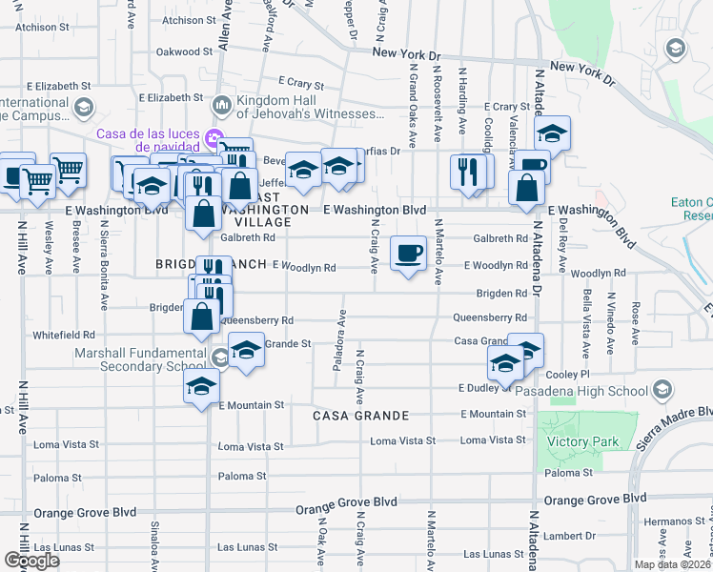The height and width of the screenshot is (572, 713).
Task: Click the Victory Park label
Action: [x=582, y=441]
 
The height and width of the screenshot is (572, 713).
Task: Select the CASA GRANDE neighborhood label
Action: [x=362, y=416]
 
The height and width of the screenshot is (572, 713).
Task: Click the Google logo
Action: [x=31, y=561]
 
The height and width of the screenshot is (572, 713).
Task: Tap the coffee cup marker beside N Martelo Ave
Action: [x=408, y=254]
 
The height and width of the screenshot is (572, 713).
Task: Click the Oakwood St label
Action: [x=185, y=51]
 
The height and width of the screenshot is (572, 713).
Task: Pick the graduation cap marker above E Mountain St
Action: [x=201, y=386]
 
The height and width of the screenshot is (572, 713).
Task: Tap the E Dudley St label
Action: [x=484, y=388]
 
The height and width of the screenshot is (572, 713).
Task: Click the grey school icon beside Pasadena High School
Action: [x=661, y=390]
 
